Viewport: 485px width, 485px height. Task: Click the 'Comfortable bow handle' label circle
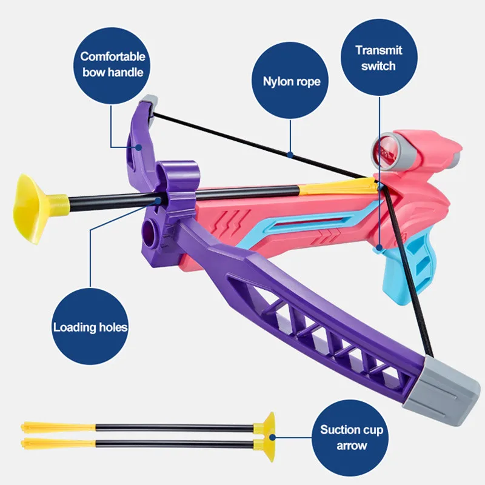coord(113,64)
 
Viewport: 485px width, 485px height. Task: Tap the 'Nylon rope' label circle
coord(292,81)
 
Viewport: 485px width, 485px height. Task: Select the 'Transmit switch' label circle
coord(378,58)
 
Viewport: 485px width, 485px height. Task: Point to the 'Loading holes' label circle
coord(90,327)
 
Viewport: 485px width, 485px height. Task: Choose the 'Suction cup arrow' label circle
coord(352,438)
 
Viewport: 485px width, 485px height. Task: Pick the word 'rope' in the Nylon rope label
coord(307,81)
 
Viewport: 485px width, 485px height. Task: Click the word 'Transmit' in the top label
coord(378,50)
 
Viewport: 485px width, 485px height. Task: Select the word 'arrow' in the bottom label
coord(352,446)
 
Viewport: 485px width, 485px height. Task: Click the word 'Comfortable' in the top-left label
coord(113,56)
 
